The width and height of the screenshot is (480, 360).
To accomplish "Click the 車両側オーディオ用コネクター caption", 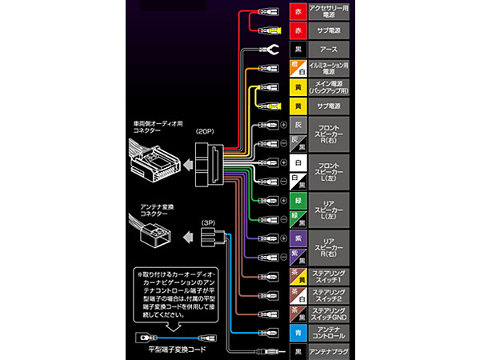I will coord(158,128).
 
